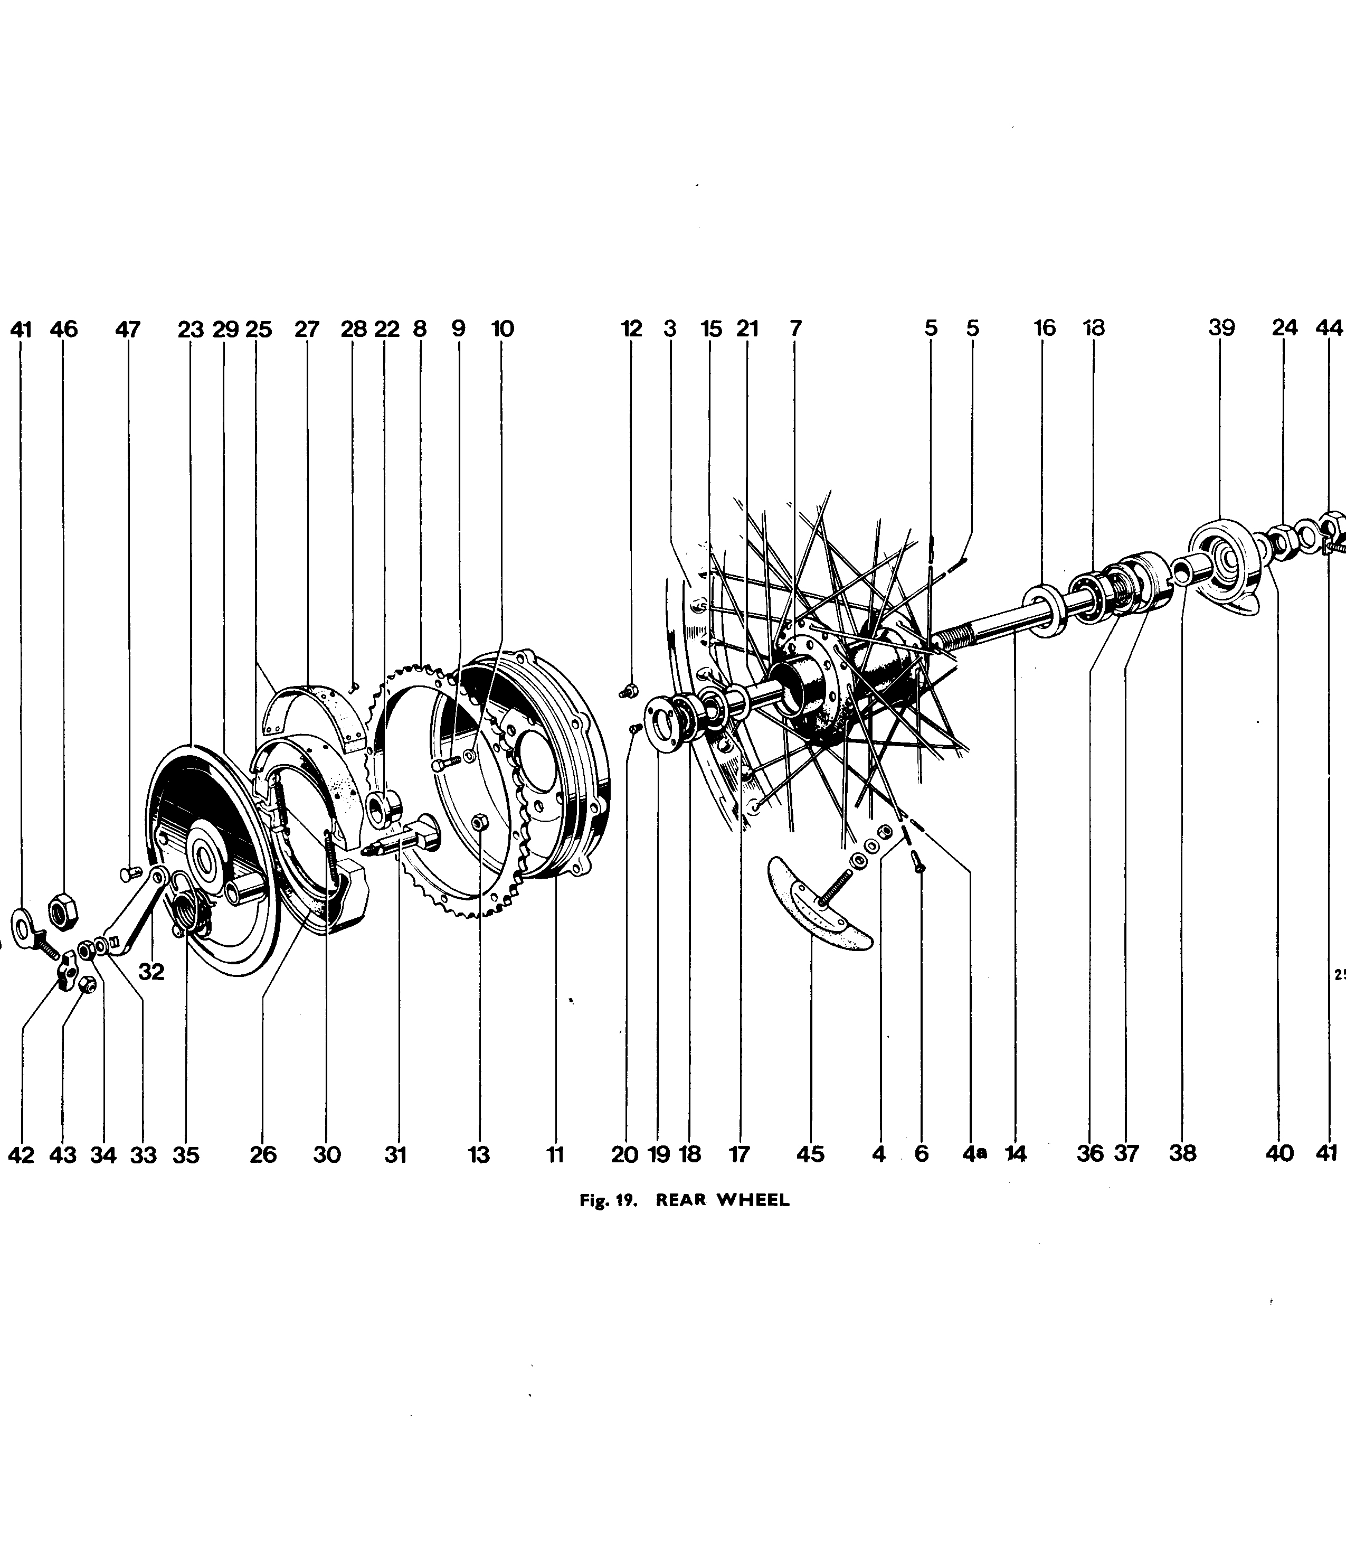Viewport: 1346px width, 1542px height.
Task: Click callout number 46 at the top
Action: click(64, 329)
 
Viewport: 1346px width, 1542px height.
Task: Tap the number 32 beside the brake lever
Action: click(151, 972)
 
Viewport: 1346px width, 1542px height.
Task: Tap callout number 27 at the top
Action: click(307, 329)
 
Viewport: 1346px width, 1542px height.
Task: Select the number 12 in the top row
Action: click(632, 328)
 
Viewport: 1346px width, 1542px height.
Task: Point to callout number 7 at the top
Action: click(796, 328)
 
